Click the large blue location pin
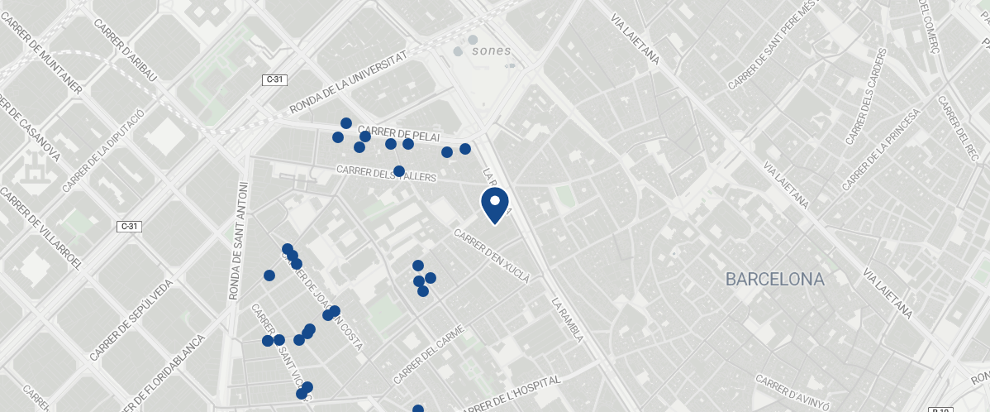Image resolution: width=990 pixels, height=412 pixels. coord(494,204)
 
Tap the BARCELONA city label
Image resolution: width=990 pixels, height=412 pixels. coord(774,279)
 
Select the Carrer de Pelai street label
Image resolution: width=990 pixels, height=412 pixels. coord(399,134)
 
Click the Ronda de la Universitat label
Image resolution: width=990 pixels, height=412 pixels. coord(350,81)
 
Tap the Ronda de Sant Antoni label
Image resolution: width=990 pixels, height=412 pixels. coord(237,240)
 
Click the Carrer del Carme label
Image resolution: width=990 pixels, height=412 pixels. coord(428,354)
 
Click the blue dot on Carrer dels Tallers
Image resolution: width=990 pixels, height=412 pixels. coord(399,171)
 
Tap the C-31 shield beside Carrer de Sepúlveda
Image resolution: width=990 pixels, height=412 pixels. coord(128,227)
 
